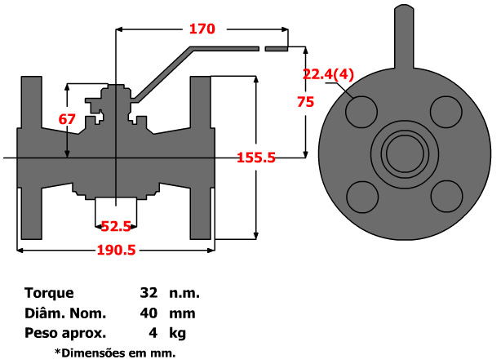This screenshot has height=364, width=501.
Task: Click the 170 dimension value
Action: pyautogui.click(x=202, y=29)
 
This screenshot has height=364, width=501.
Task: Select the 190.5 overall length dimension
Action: pyautogui.click(x=116, y=251)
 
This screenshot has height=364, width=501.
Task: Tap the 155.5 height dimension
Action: pyautogui.click(x=255, y=158)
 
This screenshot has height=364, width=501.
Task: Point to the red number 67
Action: pyautogui.click(x=67, y=119)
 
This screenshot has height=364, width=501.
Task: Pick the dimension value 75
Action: pyautogui.click(x=306, y=102)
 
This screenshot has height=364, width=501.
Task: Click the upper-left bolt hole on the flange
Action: pyautogui.click(x=361, y=112)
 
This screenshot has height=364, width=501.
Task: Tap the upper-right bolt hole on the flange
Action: pyautogui.click(x=445, y=112)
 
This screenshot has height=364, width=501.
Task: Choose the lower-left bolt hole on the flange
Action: pyautogui.click(x=361, y=195)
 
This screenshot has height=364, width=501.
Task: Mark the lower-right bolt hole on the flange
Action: pyautogui.click(x=445, y=195)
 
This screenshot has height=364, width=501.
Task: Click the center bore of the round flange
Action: pyautogui.click(x=403, y=153)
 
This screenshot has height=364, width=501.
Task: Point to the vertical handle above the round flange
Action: pyautogui.click(x=403, y=37)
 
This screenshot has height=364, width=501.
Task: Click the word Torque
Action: pyautogui.click(x=49, y=293)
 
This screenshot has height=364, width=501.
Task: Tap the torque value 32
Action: pyautogui.click(x=149, y=293)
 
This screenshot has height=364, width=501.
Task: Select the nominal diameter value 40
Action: pyautogui.click(x=149, y=313)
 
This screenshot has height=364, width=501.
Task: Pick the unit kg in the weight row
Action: pyautogui.click(x=177, y=333)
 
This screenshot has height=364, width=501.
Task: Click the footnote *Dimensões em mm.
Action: pyautogui.click(x=114, y=353)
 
